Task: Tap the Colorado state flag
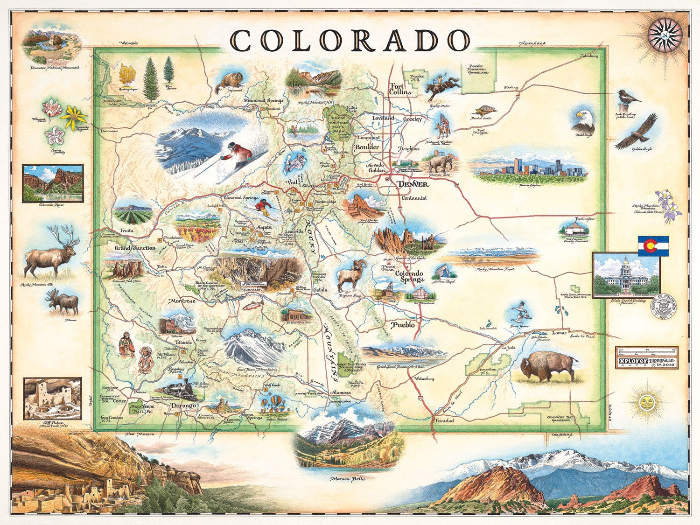click(x=653, y=246)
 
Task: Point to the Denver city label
click(x=413, y=184)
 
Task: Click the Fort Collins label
click(x=400, y=89)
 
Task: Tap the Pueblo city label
click(x=403, y=324)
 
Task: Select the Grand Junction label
click(x=135, y=248)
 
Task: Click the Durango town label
click(x=183, y=406)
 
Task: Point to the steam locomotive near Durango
click(x=180, y=389)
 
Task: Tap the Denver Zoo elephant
click(x=441, y=163)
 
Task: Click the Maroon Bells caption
click(x=348, y=479)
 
